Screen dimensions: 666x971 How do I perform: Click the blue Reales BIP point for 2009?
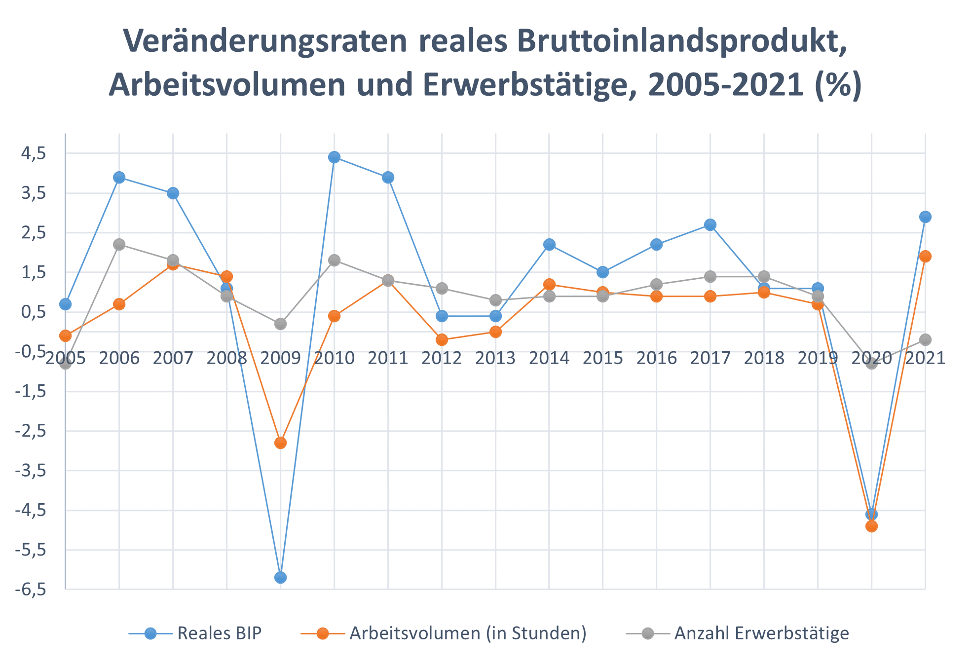pos(280,577)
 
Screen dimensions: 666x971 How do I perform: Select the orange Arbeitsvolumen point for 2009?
pos(280,443)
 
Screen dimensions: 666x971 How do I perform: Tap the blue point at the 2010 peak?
pos(334,157)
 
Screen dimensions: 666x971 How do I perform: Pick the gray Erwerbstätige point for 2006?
pos(119,244)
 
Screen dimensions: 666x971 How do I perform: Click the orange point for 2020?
pos(871,526)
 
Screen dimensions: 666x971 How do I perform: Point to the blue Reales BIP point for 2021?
pos(925,217)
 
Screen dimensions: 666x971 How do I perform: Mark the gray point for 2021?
pos(925,339)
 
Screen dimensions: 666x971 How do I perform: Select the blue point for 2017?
pos(710,224)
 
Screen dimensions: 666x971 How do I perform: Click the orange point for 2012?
pos(442,339)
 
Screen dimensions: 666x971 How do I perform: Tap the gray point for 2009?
pos(280,324)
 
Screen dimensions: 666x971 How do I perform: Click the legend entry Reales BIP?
pos(219,633)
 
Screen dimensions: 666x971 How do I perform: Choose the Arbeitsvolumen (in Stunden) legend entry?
pos(467,633)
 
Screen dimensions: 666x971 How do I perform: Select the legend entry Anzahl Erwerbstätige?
pos(761,633)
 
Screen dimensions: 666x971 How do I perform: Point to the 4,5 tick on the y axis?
pos(34,153)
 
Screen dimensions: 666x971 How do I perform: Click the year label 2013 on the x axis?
pos(495,358)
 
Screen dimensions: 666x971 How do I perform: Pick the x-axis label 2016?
pos(657,358)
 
